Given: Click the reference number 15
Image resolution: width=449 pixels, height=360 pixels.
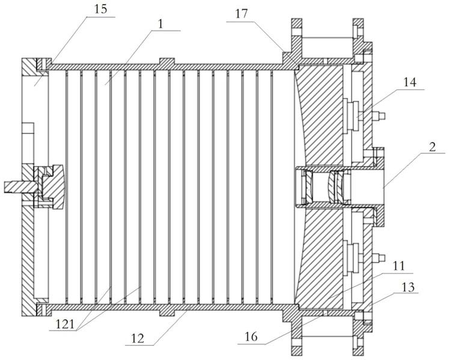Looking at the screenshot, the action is pyautogui.click(x=100, y=9).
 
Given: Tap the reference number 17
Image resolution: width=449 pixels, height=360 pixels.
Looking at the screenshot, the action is pyautogui.click(x=241, y=13).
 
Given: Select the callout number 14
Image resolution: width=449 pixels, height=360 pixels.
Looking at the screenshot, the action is pyautogui.click(x=409, y=82).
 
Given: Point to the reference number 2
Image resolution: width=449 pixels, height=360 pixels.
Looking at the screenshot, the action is pyautogui.click(x=432, y=147).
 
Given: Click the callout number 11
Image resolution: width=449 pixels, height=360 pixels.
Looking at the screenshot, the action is pyautogui.click(x=399, y=266).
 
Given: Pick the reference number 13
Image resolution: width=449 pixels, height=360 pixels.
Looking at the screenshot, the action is pyautogui.click(x=408, y=287).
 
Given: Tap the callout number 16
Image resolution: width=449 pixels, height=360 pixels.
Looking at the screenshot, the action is pyautogui.click(x=251, y=337).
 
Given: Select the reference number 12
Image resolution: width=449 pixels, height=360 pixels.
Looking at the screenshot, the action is pyautogui.click(x=138, y=338).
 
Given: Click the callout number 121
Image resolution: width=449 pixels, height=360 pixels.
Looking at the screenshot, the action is pyautogui.click(x=64, y=324).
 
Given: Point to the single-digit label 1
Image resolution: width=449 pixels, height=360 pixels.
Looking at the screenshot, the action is pyautogui.click(x=160, y=25).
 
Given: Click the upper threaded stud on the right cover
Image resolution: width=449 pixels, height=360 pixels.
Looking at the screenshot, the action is pyautogui.click(x=378, y=116).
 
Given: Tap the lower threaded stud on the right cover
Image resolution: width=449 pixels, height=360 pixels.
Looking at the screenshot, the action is pyautogui.click(x=378, y=258).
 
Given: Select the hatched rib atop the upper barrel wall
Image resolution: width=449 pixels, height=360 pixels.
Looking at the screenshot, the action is pyautogui.click(x=166, y=61).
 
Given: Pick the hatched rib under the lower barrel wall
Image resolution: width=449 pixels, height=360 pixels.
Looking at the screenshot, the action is pyautogui.click(x=166, y=313).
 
